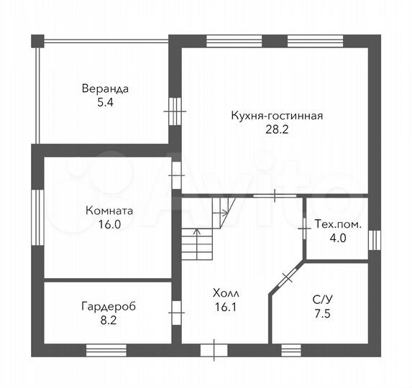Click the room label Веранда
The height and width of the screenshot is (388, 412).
tap(105, 89)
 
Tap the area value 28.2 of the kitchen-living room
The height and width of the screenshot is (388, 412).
tap(276, 130)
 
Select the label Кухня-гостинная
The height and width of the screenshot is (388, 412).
tap(276, 116)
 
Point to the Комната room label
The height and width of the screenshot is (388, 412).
tap(109, 212)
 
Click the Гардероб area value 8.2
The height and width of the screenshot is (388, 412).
tap(108, 320)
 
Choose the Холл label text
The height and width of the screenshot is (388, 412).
tap(224, 293)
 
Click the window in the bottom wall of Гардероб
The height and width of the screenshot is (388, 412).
tap(106, 351)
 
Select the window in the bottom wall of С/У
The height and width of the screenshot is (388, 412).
tap(290, 351)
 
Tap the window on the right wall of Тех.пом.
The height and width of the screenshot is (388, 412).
tap(372, 239)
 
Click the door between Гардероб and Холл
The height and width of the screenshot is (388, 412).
tap(175, 312)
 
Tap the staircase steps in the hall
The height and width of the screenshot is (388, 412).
tap(198, 244)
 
